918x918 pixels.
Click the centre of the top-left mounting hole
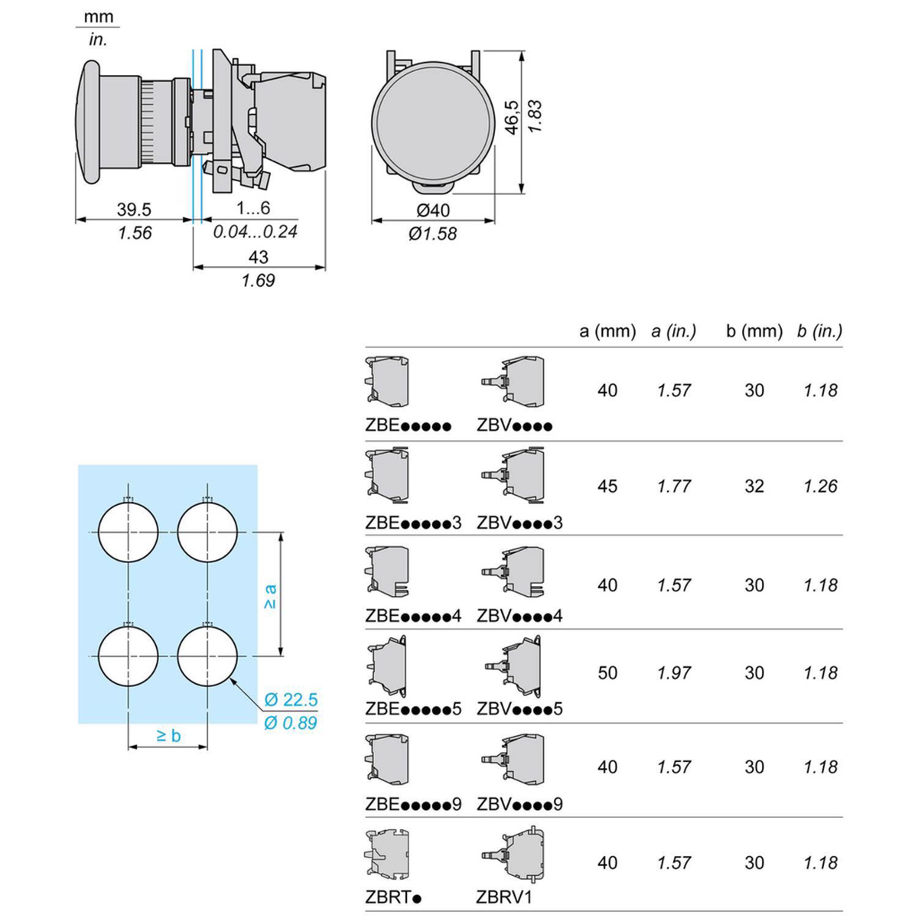(129, 532)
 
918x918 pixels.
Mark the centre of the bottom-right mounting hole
(207, 656)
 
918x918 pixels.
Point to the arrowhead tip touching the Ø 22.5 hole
(230, 678)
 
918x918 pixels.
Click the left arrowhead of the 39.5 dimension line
(76, 220)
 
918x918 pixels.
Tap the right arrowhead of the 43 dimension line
(325, 267)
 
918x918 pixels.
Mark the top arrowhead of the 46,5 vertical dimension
(522, 51)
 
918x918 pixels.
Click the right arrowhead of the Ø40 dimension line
(494, 220)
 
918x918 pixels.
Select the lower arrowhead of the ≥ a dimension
(282, 656)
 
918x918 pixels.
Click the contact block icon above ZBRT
(387, 855)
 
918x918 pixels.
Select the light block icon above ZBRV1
(513, 855)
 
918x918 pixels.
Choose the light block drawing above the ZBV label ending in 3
(513, 474)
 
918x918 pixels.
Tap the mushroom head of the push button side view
(88, 122)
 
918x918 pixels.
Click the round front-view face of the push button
(433, 122)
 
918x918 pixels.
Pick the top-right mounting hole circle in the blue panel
(207, 532)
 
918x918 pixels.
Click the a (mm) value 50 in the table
(607, 672)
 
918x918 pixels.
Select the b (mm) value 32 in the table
(754, 486)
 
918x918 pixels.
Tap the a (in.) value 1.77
(674, 486)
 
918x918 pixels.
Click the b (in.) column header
(819, 330)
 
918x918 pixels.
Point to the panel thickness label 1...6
(253, 208)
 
